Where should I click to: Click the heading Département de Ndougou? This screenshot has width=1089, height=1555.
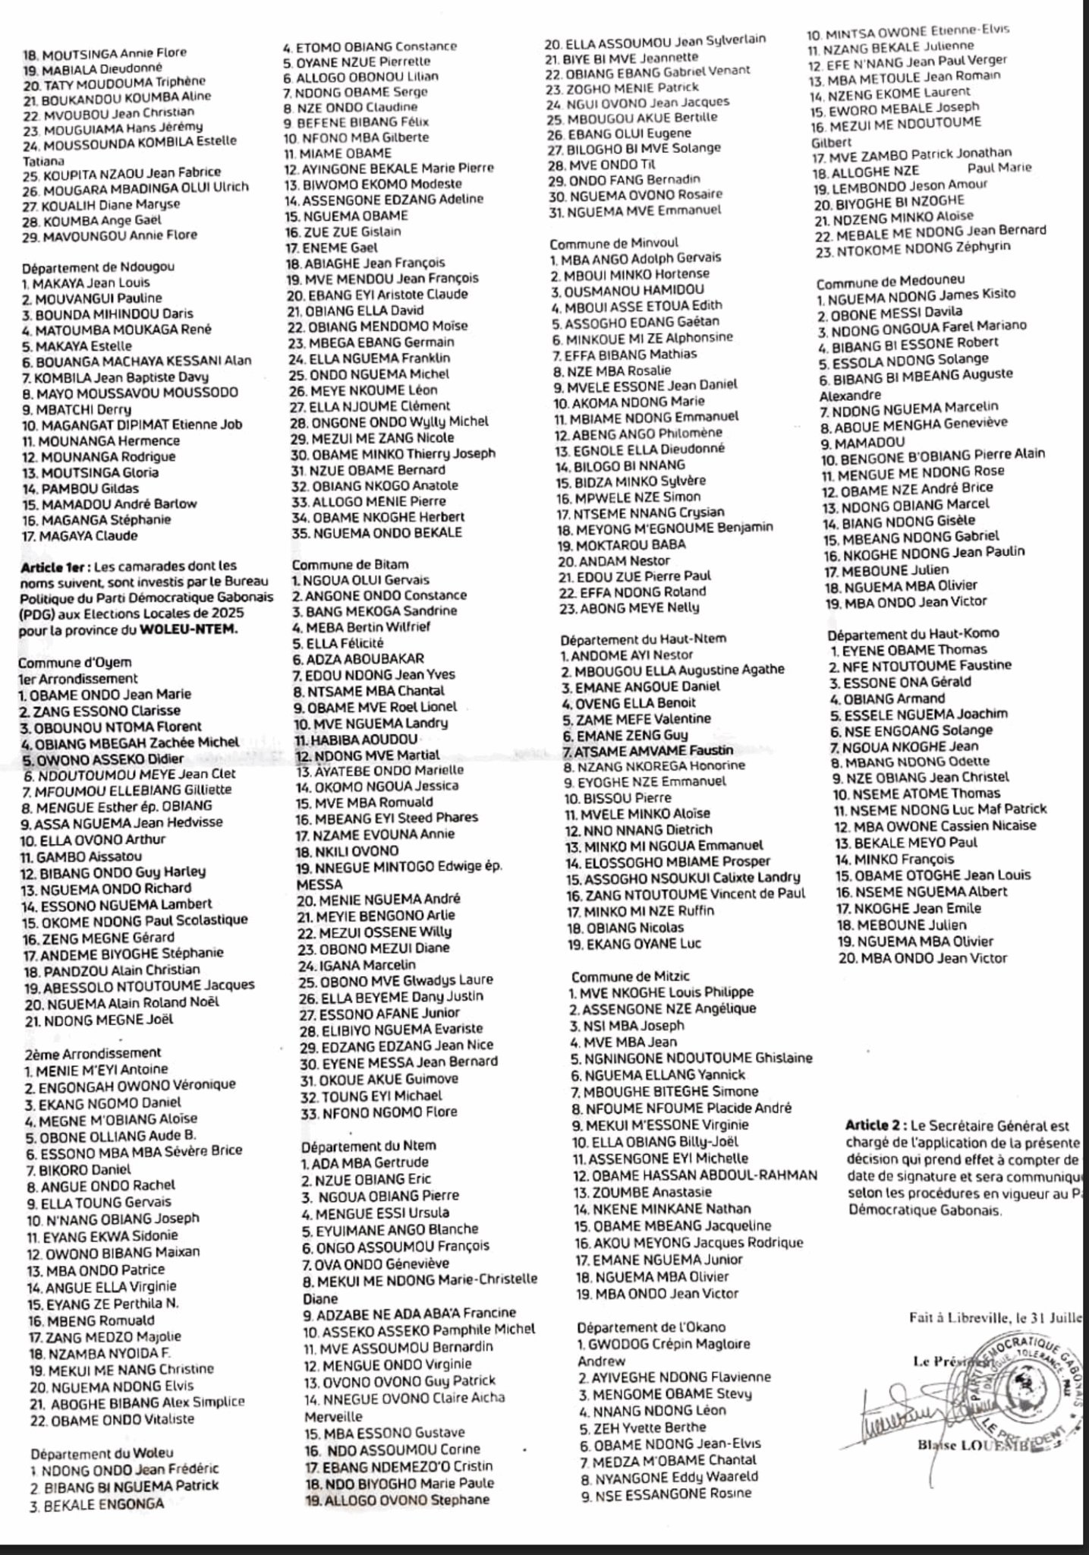(x=98, y=267)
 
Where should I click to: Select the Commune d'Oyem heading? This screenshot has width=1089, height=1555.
(x=74, y=662)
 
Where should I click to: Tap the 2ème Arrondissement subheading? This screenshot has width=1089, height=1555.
(x=93, y=1052)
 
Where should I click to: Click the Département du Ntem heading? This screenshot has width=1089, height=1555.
(x=369, y=1146)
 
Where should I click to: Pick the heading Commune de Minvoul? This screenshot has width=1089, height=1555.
(x=614, y=244)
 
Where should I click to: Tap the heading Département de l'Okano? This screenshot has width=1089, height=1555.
(x=651, y=1327)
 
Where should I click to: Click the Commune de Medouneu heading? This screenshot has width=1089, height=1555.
(x=880, y=282)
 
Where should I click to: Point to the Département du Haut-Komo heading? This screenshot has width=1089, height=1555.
(x=913, y=633)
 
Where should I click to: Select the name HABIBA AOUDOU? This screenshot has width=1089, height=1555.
(x=355, y=739)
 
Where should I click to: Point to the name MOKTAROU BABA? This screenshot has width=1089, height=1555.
(x=621, y=544)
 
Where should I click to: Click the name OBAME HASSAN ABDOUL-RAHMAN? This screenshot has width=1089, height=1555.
(x=694, y=1175)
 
